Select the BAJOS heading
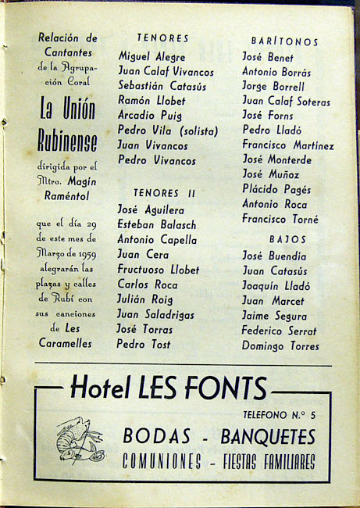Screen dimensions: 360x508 (x=287, y=239)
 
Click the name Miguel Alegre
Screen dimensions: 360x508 (x=151, y=56)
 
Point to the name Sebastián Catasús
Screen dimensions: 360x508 (x=162, y=86)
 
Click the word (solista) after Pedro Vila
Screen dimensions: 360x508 (x=191, y=131)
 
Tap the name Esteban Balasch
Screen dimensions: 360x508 (x=156, y=225)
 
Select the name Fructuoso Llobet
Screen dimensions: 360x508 (x=158, y=270)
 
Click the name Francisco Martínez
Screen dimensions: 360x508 (x=287, y=145)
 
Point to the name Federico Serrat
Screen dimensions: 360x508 (x=279, y=330)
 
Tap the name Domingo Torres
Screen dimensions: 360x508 (x=280, y=345)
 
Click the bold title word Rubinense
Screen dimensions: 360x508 (x=67, y=141)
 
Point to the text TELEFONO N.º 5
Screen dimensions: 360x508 (x=280, y=414)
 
